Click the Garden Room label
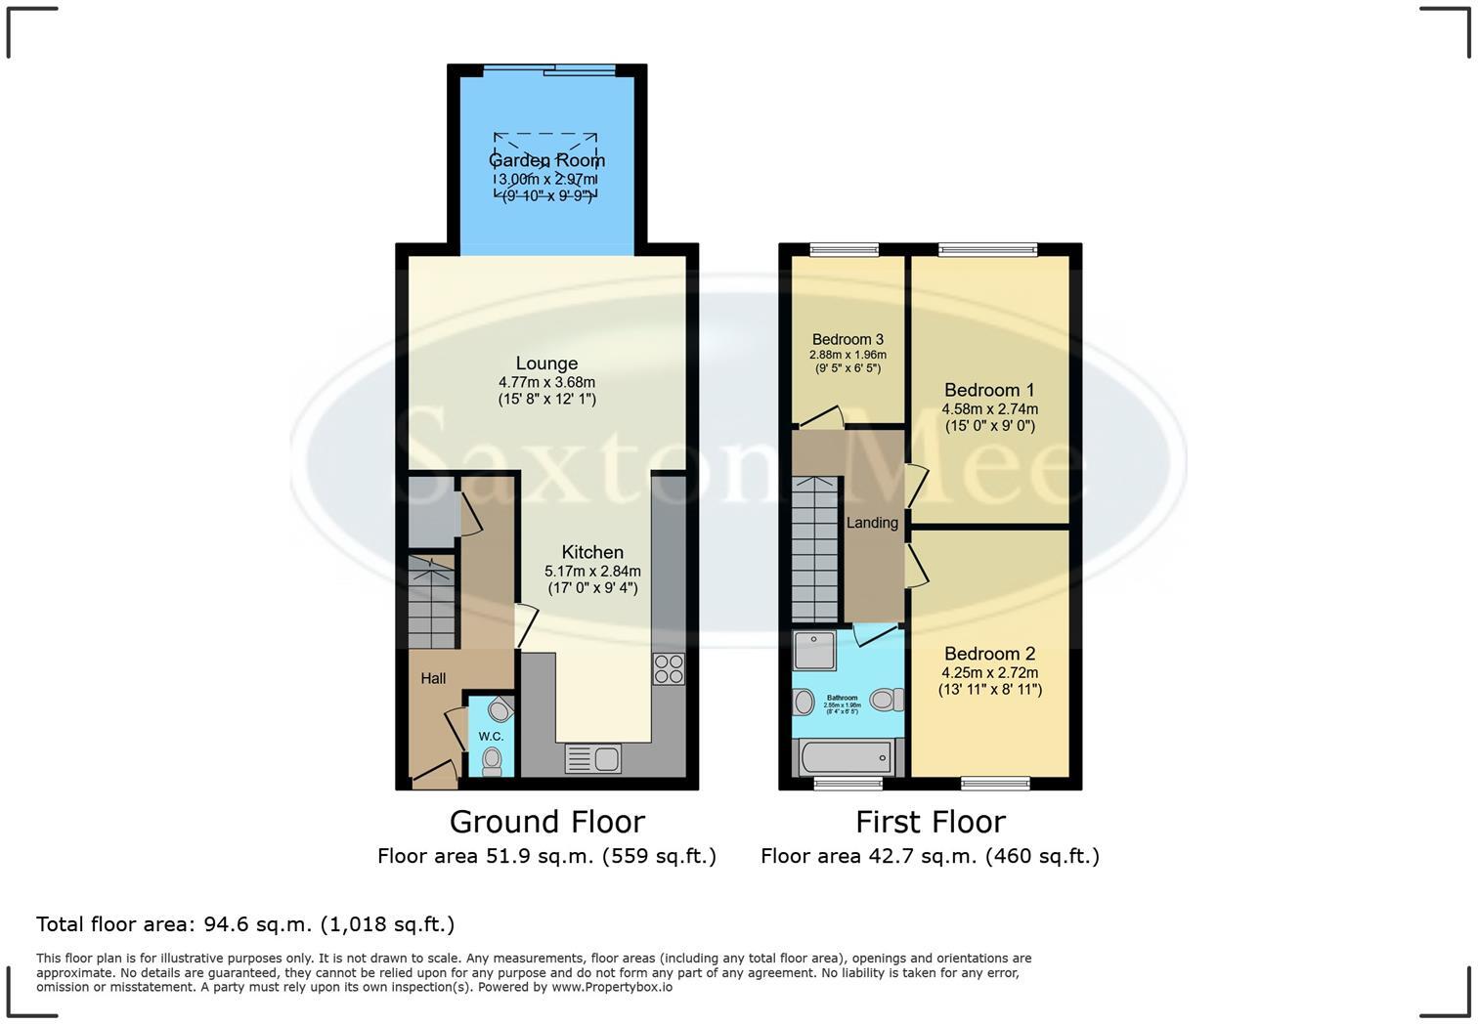point(546,160)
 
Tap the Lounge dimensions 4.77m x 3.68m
point(546,382)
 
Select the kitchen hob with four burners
point(669,669)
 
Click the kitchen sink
point(592,758)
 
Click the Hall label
point(433,678)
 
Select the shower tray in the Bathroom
point(814,651)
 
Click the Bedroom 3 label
point(848,340)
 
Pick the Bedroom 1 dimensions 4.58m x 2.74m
point(989,409)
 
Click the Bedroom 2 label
point(989,654)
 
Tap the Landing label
point(872,523)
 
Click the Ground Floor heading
point(546,822)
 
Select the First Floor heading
point(930,822)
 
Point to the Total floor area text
point(245,924)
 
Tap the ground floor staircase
point(431,601)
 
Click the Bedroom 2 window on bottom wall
point(995,783)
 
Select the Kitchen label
point(592,552)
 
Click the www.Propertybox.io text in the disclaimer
point(612,987)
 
